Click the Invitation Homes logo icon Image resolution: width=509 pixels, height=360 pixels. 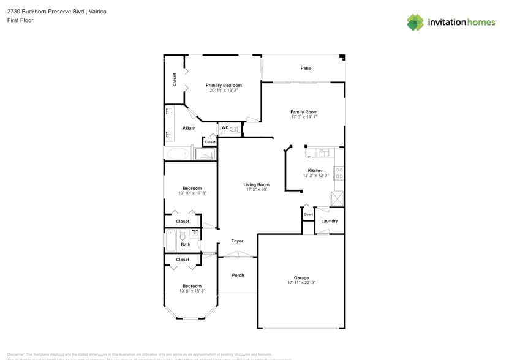point(415,23)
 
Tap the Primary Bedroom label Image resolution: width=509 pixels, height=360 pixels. point(224,85)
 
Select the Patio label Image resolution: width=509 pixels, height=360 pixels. point(306,68)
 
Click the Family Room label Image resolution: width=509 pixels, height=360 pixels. point(304,112)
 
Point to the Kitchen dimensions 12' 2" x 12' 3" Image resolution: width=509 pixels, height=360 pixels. point(316,176)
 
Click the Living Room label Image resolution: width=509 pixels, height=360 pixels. point(256,184)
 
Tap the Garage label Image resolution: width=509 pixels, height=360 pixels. point(301,278)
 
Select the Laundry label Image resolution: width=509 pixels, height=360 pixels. point(330,221)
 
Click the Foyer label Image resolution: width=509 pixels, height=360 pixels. point(237,241)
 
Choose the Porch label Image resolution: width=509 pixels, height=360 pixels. point(238,275)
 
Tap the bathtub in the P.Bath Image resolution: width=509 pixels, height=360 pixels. point(178,153)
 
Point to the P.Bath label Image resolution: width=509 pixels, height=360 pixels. point(189,128)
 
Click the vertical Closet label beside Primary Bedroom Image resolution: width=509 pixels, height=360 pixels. point(175,80)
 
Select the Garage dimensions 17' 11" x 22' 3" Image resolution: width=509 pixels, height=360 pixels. point(301,283)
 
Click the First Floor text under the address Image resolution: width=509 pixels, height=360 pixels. point(21,20)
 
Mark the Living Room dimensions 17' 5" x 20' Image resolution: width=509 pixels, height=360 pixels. point(256,190)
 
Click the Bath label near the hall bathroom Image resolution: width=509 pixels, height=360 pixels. point(186,244)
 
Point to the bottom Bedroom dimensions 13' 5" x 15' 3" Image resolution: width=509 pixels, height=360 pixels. point(192,291)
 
